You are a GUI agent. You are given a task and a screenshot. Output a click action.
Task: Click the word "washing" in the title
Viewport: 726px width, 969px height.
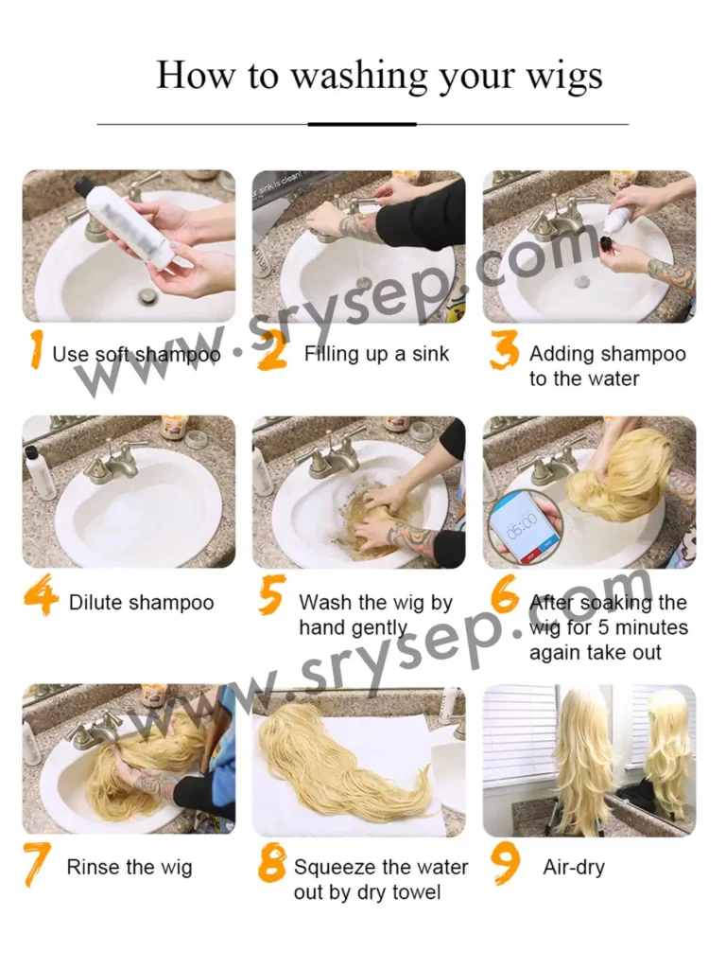[359, 77]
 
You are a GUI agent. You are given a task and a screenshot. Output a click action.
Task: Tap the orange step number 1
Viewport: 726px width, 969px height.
[36, 349]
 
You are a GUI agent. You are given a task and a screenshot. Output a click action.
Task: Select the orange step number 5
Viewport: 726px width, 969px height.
[271, 594]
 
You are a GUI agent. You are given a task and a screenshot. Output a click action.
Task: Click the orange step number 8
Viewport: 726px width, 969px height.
[271, 863]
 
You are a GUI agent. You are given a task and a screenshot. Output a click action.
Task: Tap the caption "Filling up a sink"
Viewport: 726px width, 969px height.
[376, 354]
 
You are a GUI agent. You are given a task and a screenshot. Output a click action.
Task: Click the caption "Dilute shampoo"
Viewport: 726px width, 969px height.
[142, 603]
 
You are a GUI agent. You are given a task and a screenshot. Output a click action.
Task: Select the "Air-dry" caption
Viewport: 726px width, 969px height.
[574, 868]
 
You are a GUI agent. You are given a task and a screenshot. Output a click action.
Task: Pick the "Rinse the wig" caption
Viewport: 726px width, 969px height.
[130, 867]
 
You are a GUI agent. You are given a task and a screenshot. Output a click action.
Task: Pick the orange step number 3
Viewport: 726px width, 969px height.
[505, 349]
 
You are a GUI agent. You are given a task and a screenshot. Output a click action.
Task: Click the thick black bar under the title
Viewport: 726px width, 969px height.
[362, 124]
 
